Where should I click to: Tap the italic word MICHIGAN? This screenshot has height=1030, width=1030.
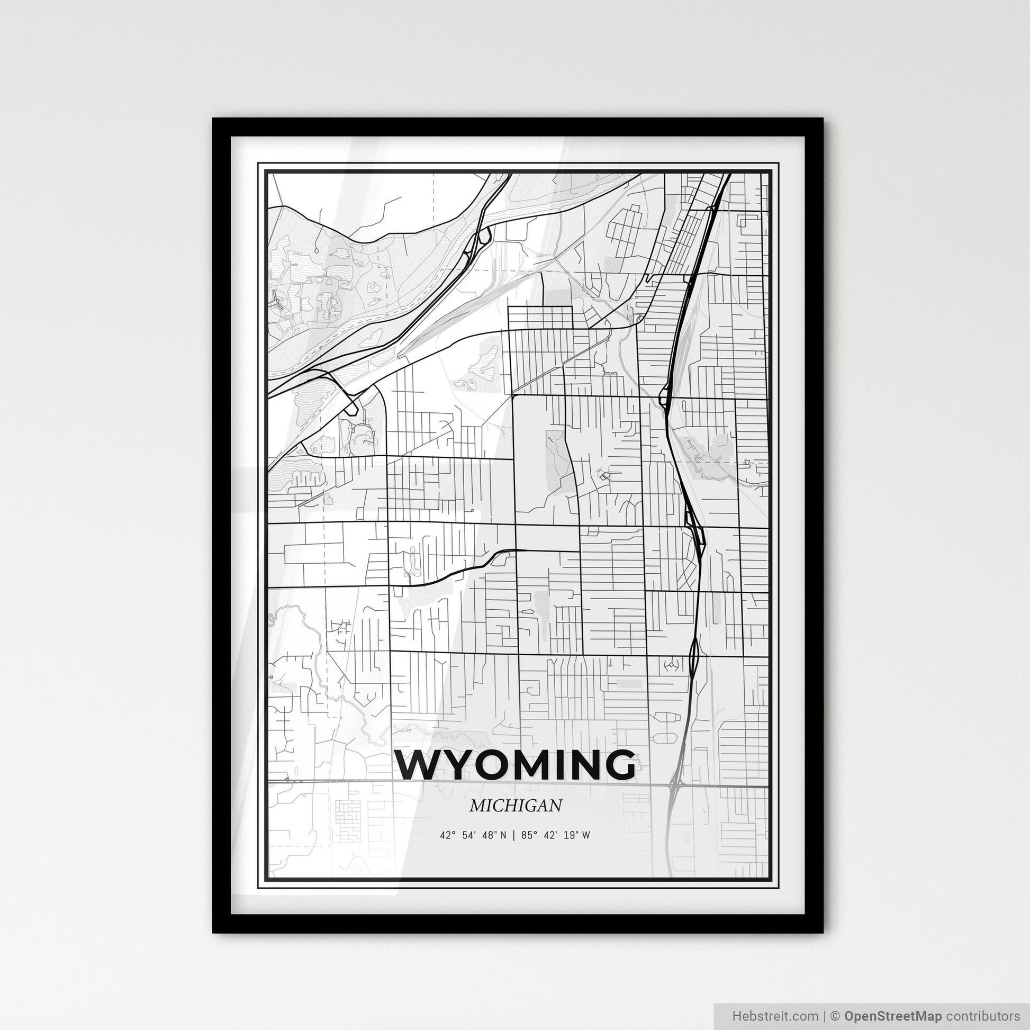pos(516,806)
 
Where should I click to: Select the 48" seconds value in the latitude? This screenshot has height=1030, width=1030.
pos(487,835)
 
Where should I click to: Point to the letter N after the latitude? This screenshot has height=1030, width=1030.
pos(503,835)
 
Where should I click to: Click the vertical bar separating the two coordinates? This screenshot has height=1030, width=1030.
pos(513,835)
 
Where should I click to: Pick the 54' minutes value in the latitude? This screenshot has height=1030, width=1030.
pos(467,835)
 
